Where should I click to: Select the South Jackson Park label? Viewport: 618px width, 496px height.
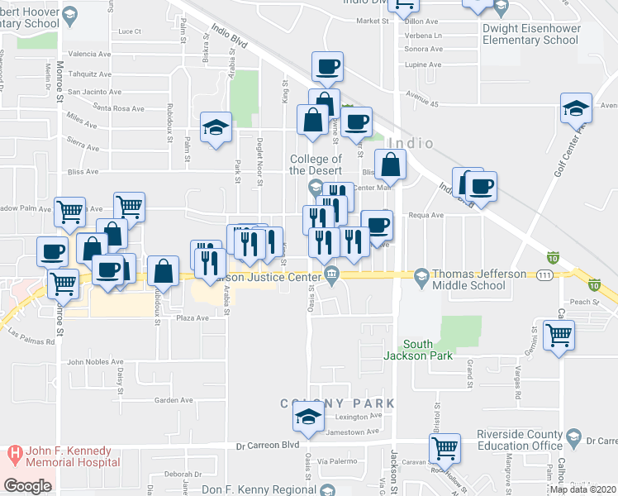click(x=429, y=350)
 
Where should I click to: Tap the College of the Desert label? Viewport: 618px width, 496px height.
click(x=316, y=165)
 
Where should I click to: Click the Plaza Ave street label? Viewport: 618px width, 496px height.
click(x=191, y=317)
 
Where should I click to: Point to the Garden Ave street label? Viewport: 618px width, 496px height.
click(x=174, y=400)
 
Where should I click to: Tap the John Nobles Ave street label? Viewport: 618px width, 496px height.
click(x=95, y=361)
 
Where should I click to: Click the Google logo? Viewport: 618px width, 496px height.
click(x=27, y=486)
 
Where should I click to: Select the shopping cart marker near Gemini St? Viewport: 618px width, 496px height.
click(x=559, y=335)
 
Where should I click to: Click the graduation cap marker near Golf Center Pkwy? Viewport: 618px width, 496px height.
click(x=576, y=108)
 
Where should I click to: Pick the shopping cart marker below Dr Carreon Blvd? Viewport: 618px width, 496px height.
click(x=445, y=448)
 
